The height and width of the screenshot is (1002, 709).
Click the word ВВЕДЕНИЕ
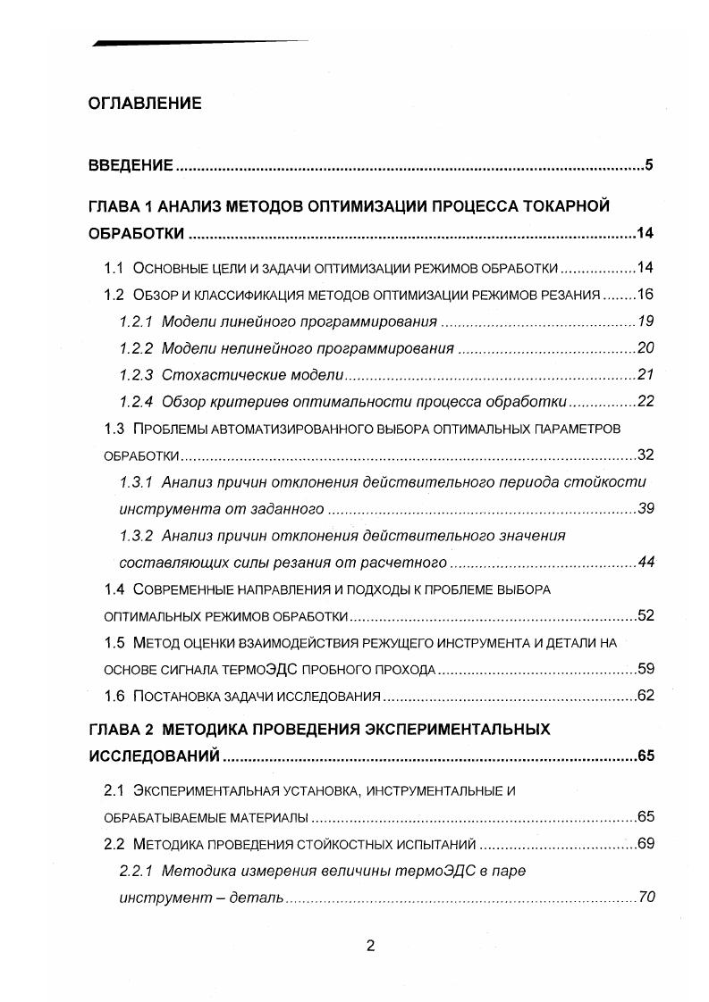[x=130, y=165]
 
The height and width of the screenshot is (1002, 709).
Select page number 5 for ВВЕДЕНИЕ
[x=650, y=165]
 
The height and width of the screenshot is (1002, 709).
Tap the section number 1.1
[x=114, y=268]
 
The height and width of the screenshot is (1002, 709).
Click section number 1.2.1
[x=137, y=321]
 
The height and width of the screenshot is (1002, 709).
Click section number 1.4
[x=114, y=589]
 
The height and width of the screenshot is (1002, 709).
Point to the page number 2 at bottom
[x=369, y=947]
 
